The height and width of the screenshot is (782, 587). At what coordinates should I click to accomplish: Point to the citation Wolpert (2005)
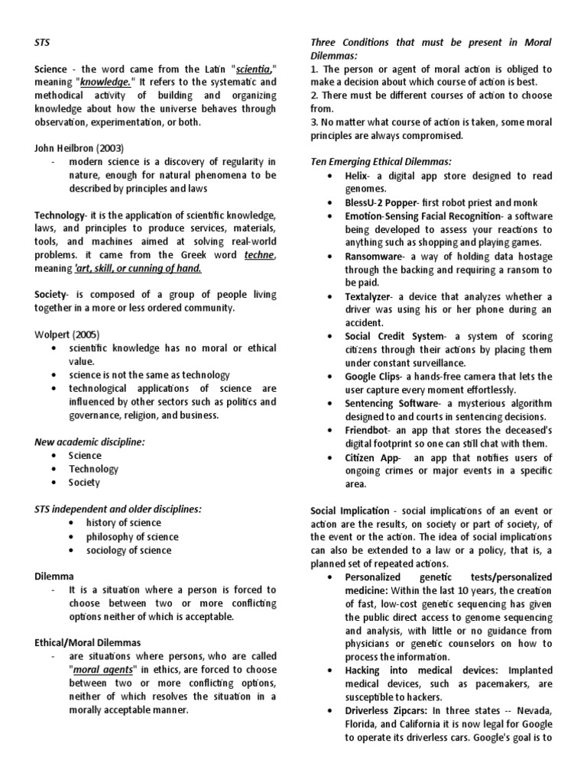point(67,334)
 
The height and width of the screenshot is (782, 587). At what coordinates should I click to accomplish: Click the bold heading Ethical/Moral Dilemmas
point(88,642)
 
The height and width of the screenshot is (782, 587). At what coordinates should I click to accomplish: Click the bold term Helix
point(358,175)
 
